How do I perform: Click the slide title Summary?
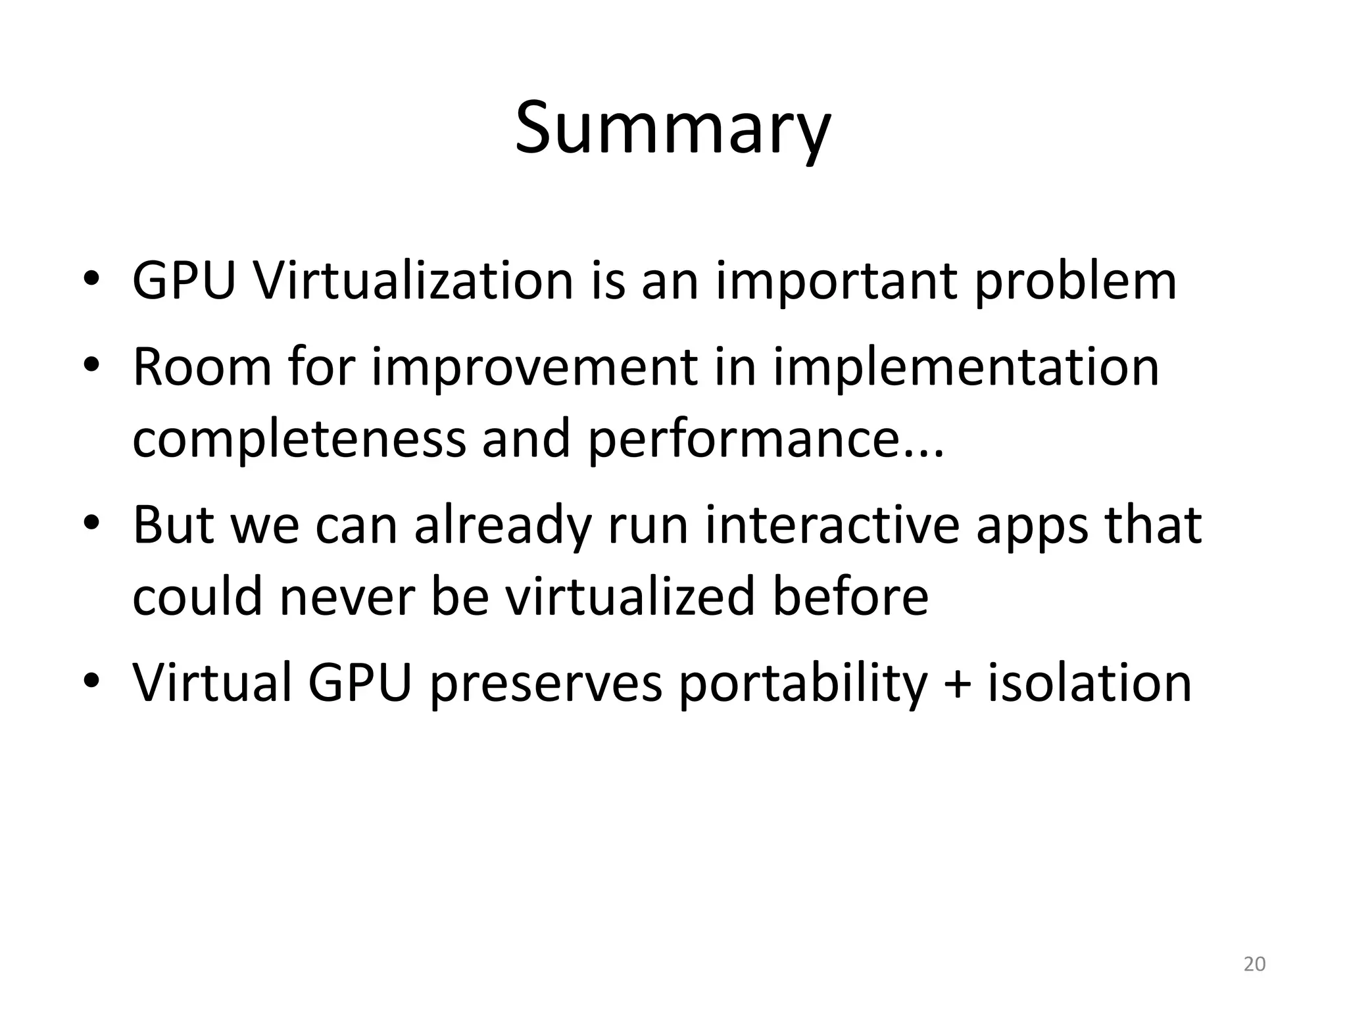[672, 128]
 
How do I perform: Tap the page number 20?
[1254, 964]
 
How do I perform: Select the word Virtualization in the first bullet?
[413, 281]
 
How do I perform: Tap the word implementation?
[965, 368]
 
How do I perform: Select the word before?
[849, 596]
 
